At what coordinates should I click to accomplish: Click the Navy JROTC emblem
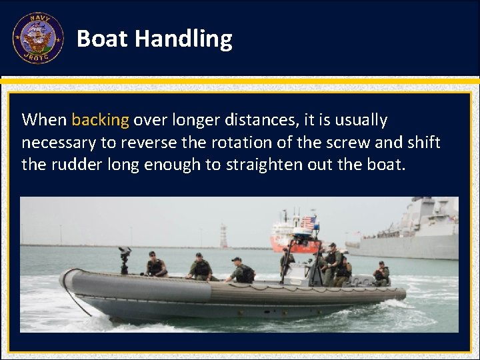tap(38, 38)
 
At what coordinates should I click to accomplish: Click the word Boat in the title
tap(103, 39)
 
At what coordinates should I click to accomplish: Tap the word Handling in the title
tap(183, 39)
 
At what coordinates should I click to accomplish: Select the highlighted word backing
tap(100, 120)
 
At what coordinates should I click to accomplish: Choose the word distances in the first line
tap(261, 120)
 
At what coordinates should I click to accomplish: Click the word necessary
tap(56, 142)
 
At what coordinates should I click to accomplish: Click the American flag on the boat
tap(308, 222)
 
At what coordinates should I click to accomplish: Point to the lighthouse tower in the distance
tap(223, 235)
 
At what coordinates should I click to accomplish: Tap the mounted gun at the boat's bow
tap(124, 259)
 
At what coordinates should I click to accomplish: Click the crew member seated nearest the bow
tap(155, 265)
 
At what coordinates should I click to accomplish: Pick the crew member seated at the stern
tap(381, 273)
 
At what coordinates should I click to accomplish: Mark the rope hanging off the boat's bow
tap(77, 303)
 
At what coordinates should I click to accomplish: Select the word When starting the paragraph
tap(44, 120)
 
